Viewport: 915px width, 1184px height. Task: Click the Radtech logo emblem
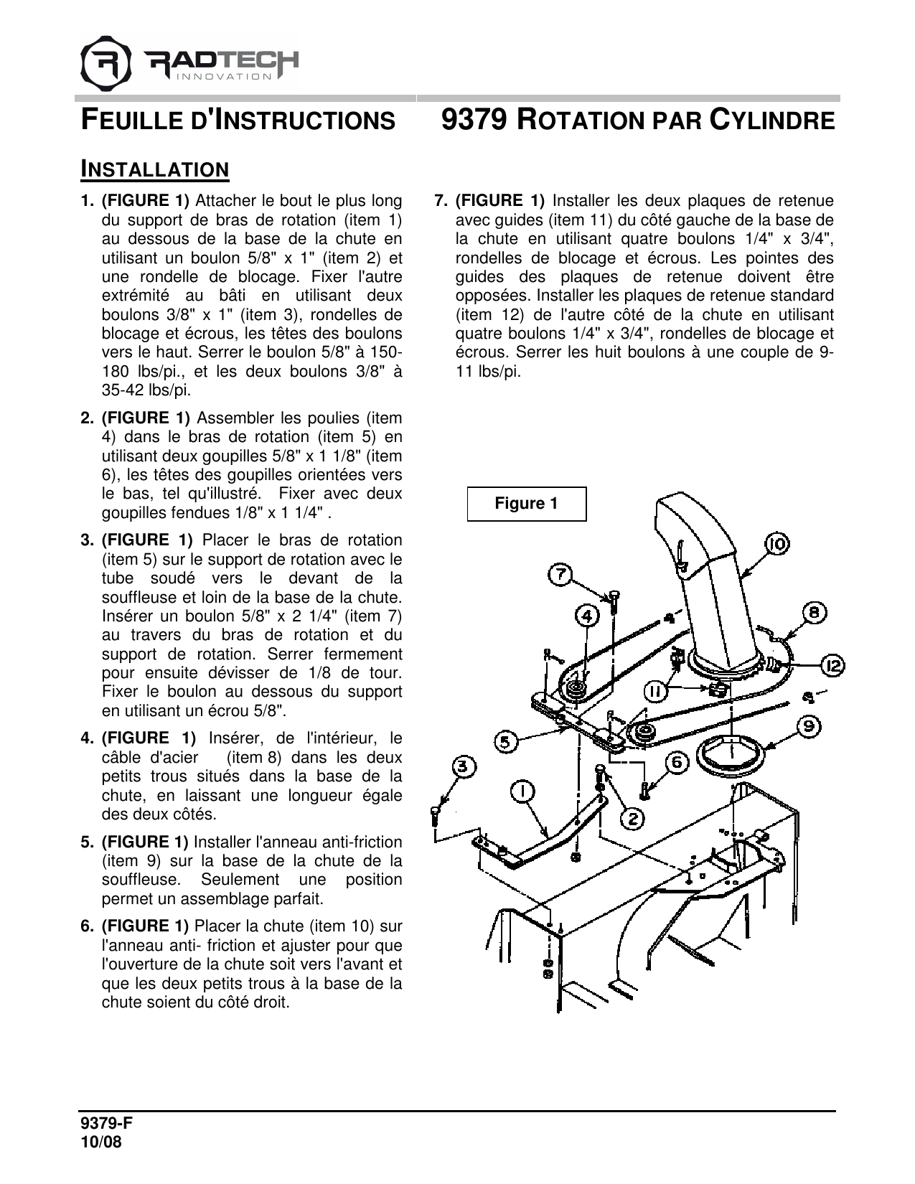(106, 63)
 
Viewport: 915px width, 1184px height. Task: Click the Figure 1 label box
(526, 504)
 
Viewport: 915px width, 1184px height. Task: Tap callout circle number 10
(776, 545)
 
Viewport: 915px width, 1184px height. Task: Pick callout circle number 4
(587, 616)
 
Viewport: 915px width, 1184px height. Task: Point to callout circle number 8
(814, 614)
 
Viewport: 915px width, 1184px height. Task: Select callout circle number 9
(809, 727)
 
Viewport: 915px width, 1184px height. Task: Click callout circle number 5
(507, 741)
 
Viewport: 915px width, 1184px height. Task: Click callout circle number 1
(522, 791)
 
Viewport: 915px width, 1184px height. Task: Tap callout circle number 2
(632, 817)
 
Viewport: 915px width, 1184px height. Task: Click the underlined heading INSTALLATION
(154, 169)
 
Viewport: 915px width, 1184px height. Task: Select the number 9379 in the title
(474, 120)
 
